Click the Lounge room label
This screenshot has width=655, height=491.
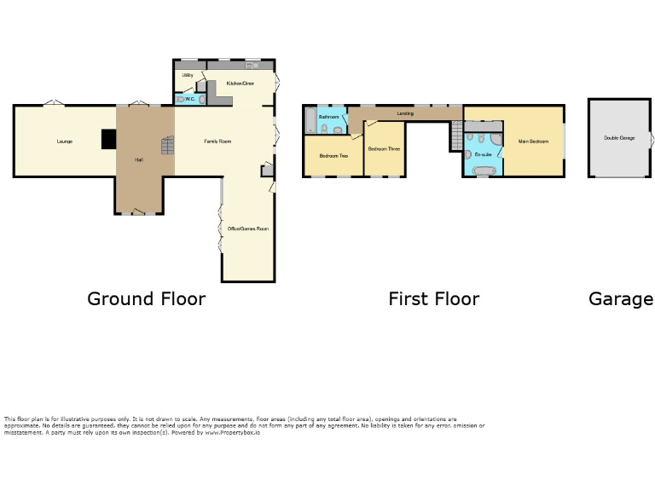tap(64, 141)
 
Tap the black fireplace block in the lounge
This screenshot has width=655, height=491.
tap(108, 139)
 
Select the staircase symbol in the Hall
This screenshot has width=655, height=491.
tap(167, 146)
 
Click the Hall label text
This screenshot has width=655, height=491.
tap(138, 160)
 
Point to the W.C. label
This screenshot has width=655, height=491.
tap(190, 99)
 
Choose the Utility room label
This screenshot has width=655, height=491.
tap(188, 75)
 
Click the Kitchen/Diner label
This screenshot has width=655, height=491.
tap(241, 84)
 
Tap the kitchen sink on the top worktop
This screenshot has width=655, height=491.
tap(253, 65)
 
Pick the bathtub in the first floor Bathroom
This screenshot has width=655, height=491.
tap(310, 119)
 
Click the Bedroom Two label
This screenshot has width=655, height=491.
tap(333, 156)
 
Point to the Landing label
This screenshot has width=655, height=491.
tap(405, 113)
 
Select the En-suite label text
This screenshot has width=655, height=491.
tap(483, 154)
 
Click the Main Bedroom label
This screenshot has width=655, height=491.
tap(533, 142)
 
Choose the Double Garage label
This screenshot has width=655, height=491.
tap(619, 138)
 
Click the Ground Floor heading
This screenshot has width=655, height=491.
tap(146, 299)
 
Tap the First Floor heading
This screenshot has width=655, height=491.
tap(433, 299)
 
